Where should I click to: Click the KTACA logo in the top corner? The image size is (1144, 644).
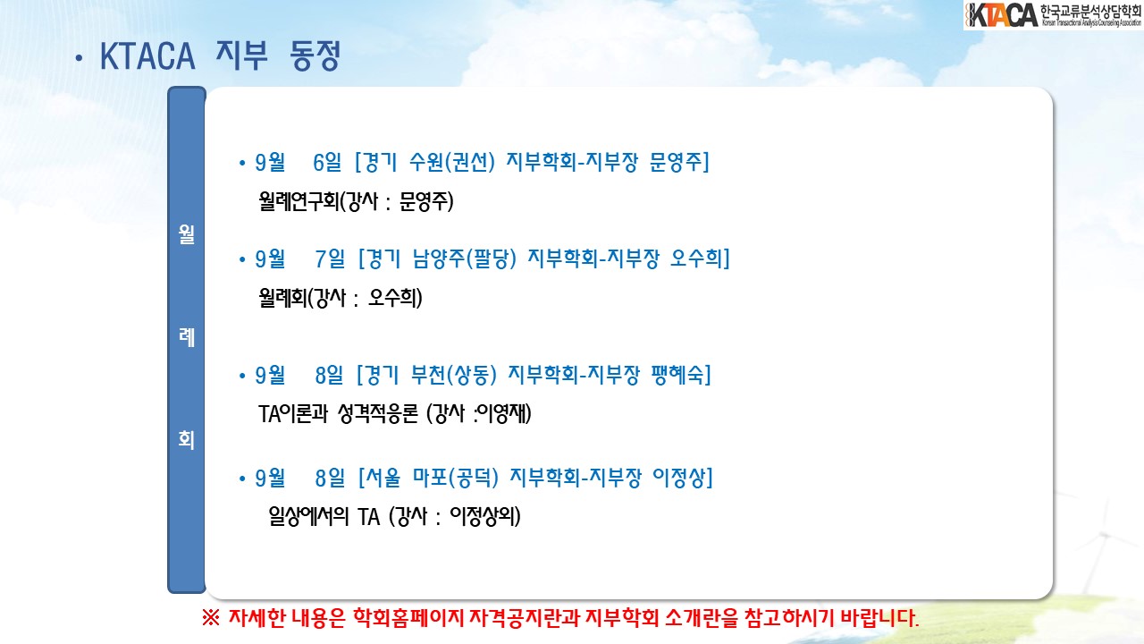[x=1053, y=15]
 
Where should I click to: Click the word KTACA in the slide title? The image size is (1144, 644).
[x=147, y=56]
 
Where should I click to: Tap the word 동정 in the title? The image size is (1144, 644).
[x=315, y=55]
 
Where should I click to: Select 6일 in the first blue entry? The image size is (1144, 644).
[x=327, y=163]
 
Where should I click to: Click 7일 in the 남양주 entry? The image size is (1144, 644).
[x=330, y=258]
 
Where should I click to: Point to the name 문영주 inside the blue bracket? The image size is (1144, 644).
[x=676, y=162]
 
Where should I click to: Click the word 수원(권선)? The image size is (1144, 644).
[x=452, y=162]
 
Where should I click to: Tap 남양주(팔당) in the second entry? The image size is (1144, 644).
[x=465, y=258]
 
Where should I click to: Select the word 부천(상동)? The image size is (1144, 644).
[x=453, y=375]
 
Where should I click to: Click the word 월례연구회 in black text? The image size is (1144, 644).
[x=299, y=201]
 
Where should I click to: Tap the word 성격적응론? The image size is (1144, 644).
[x=378, y=413]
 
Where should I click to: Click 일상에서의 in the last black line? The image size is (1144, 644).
[x=308, y=516]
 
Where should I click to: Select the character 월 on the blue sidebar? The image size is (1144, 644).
[x=187, y=234]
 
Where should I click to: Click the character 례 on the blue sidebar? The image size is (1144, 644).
[x=187, y=337]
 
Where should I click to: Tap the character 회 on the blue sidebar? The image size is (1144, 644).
[x=187, y=439]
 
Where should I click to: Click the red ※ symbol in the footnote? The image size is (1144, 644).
[x=210, y=618]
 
